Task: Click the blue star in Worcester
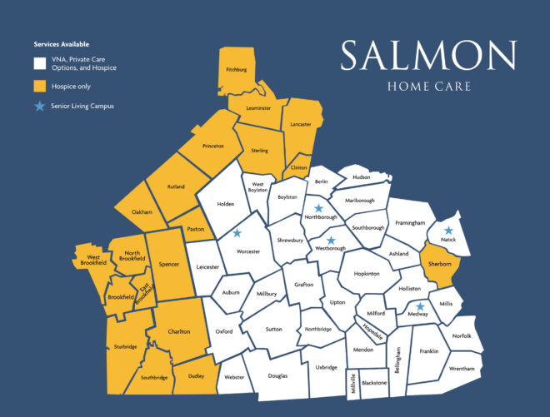[x=237, y=234]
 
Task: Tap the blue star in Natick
[x=449, y=231]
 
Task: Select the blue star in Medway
[x=421, y=306]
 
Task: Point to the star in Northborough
[x=317, y=209]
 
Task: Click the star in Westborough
[x=331, y=240]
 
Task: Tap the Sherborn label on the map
[x=439, y=264]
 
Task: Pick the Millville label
[x=353, y=384]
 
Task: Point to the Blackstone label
[x=375, y=383]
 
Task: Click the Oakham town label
[x=142, y=212]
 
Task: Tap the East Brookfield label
[x=145, y=294]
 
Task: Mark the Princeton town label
[x=213, y=146]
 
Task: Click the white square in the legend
[x=39, y=63]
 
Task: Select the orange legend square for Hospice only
[x=39, y=86]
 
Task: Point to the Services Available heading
[x=62, y=43]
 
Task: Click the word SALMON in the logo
[x=427, y=57]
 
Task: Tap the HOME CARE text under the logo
[x=427, y=87]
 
